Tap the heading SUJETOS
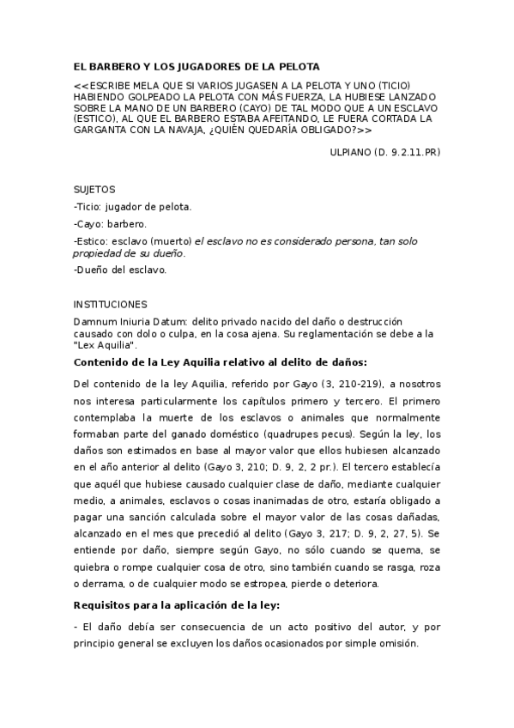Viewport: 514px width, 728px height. click(95, 190)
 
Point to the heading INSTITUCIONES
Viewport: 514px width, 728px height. click(111, 304)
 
